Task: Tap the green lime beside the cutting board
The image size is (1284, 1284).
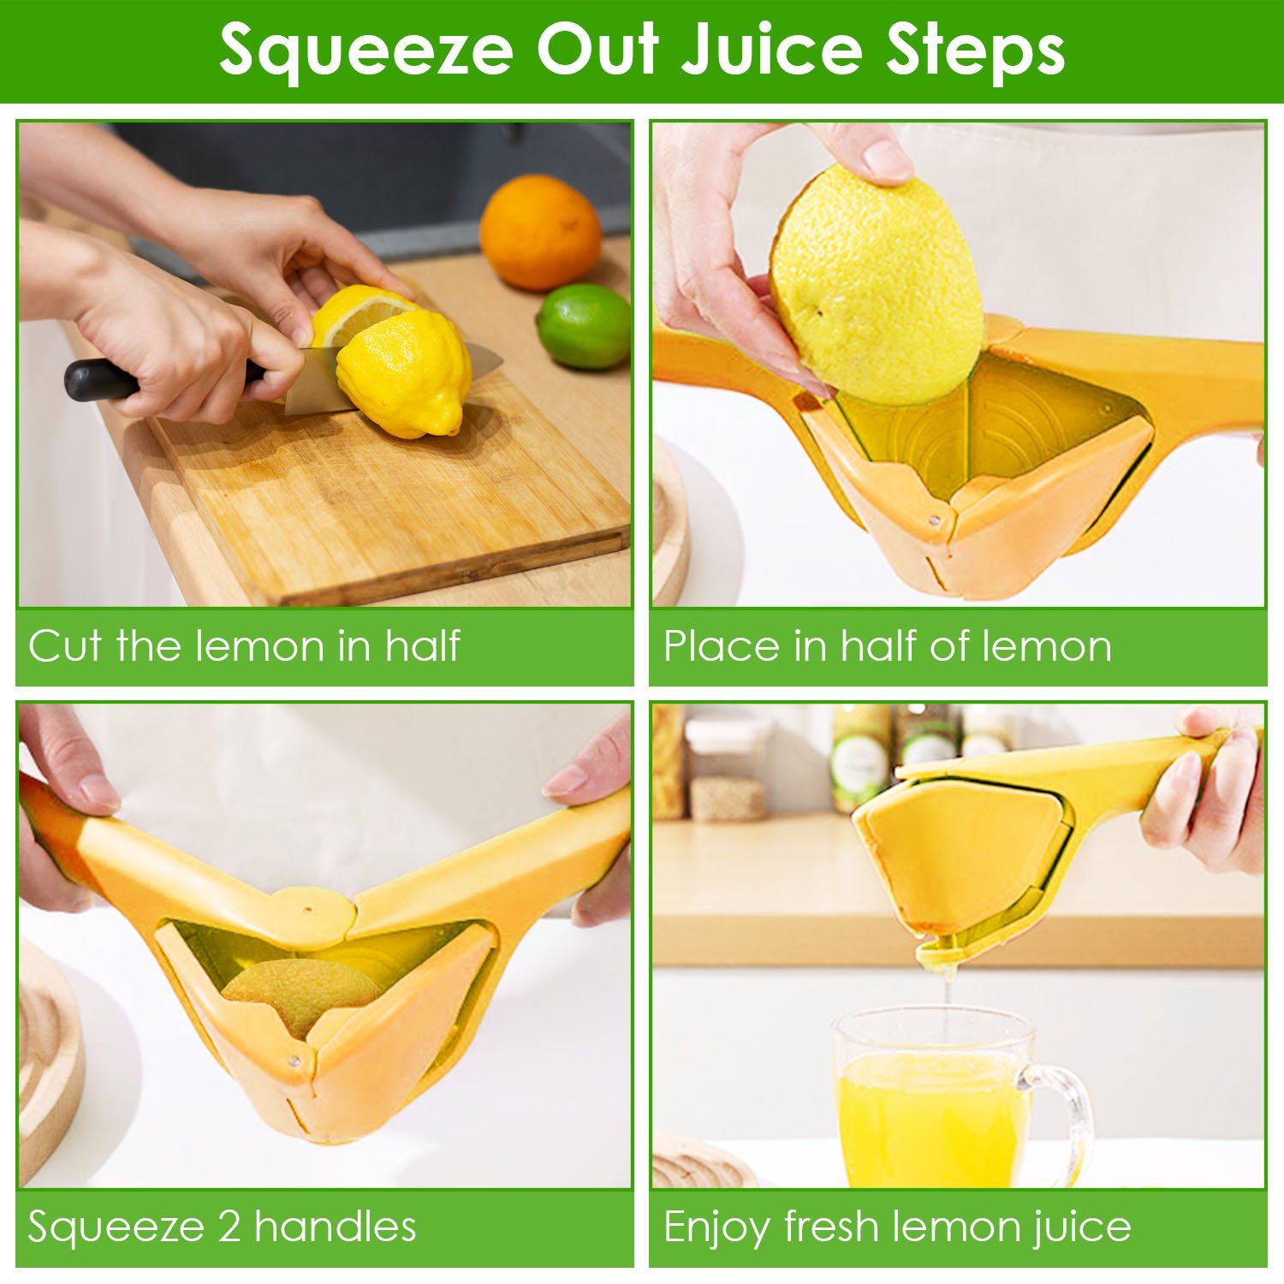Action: click(x=584, y=326)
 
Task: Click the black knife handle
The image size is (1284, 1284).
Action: click(x=103, y=379)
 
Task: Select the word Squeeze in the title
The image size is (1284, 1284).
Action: click(x=366, y=51)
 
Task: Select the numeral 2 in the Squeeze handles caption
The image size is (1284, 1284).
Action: click(x=229, y=1228)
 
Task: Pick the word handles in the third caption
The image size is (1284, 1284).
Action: click(x=335, y=1227)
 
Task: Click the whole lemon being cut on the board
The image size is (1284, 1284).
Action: click(x=402, y=372)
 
